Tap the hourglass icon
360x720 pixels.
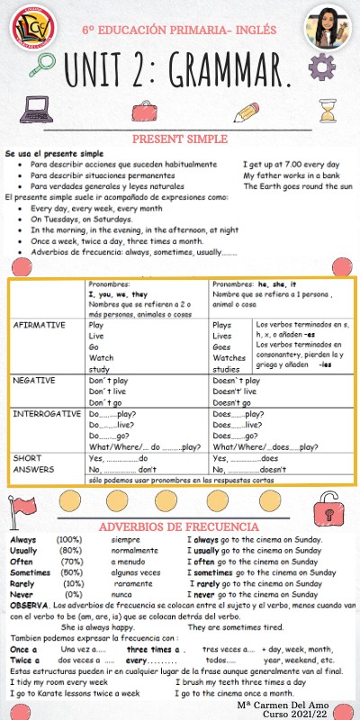pyautogui.click(x=328, y=111)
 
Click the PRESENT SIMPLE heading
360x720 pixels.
pyautogui.click(x=180, y=139)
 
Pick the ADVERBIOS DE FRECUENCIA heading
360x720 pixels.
pyautogui.click(x=179, y=526)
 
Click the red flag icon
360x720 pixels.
pyautogui.click(x=22, y=513)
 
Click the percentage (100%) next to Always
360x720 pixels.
pyautogui.click(x=69, y=539)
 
